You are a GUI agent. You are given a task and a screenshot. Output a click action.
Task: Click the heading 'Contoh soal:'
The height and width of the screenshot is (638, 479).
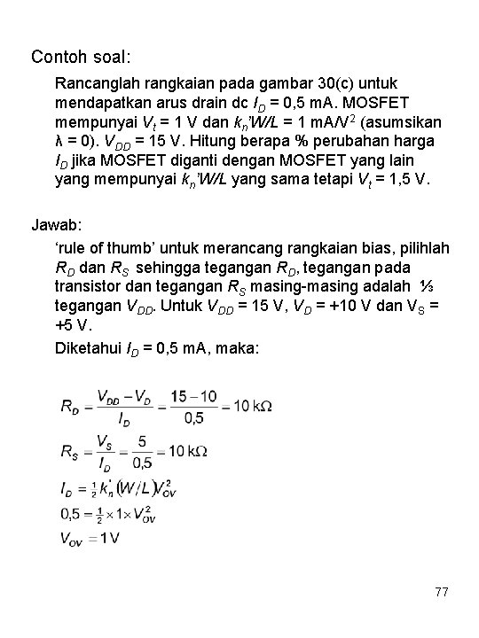[x=81, y=58]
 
